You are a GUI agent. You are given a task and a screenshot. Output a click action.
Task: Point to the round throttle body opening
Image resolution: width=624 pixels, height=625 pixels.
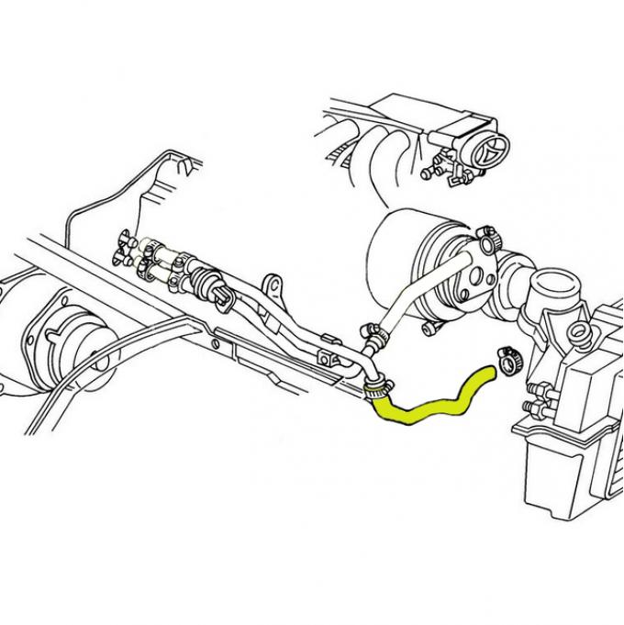click(x=496, y=147)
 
